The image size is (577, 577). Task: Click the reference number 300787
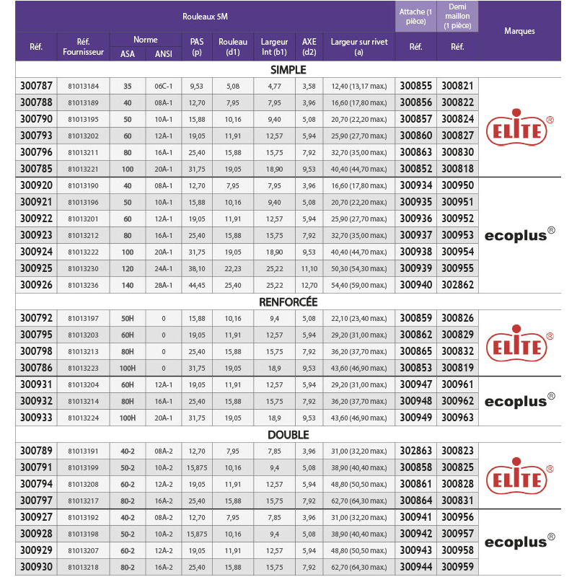(x=36, y=86)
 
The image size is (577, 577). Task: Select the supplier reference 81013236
(x=83, y=285)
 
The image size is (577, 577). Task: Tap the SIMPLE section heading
(x=288, y=70)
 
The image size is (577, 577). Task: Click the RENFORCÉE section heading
(x=288, y=302)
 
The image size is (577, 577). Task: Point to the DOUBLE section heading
(x=288, y=435)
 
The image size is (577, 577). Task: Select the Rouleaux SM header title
(x=206, y=15)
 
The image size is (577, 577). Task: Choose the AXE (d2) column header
(x=309, y=47)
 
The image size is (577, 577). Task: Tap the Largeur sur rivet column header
(x=359, y=47)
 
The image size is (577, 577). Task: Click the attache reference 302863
(x=415, y=451)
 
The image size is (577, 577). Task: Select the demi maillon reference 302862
(x=458, y=285)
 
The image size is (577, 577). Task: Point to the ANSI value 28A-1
(x=164, y=285)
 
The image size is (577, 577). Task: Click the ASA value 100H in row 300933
(x=128, y=418)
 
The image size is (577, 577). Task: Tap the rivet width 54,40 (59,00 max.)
(x=359, y=285)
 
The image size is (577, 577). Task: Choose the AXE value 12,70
(x=309, y=285)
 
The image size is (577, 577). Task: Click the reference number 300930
(x=36, y=568)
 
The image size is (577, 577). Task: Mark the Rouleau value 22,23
(x=233, y=268)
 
